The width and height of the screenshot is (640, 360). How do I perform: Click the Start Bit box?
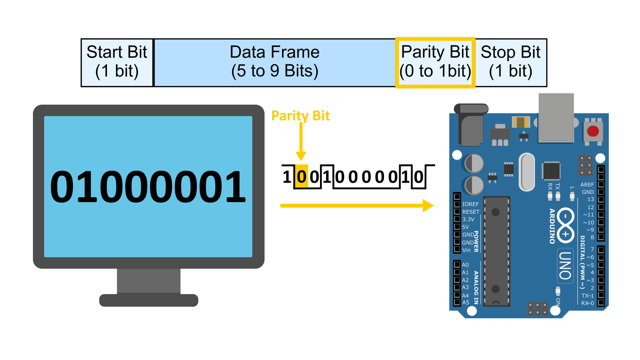click(x=117, y=62)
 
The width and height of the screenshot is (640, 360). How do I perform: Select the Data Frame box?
click(x=274, y=62)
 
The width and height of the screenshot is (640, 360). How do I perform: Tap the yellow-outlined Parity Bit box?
click(x=435, y=62)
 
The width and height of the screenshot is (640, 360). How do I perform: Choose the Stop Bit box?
click(x=511, y=62)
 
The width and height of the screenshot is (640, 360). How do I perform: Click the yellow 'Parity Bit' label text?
click(x=300, y=116)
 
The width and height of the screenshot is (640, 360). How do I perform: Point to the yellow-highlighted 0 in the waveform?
click(x=302, y=176)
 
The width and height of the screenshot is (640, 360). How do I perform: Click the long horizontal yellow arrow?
click(x=357, y=206)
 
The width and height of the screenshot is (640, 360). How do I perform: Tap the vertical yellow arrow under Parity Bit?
click(x=301, y=142)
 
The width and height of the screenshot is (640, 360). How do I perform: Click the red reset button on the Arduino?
click(x=593, y=132)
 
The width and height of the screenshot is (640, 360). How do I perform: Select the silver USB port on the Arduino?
click(x=556, y=118)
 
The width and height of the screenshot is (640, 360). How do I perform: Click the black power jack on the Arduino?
click(x=471, y=125)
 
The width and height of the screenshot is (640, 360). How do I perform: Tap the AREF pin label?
click(x=587, y=184)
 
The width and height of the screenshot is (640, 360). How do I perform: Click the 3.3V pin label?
click(x=468, y=220)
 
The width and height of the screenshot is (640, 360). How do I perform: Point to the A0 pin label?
click(x=466, y=265)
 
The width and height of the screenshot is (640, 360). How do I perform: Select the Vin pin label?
click(x=466, y=250)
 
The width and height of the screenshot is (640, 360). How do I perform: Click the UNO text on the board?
click(x=565, y=266)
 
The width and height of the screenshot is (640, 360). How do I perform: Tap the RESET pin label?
click(x=471, y=212)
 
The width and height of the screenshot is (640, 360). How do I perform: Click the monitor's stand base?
click(x=148, y=300)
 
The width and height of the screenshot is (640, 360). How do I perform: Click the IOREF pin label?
click(x=470, y=204)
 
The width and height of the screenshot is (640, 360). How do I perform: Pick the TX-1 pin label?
click(x=588, y=296)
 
